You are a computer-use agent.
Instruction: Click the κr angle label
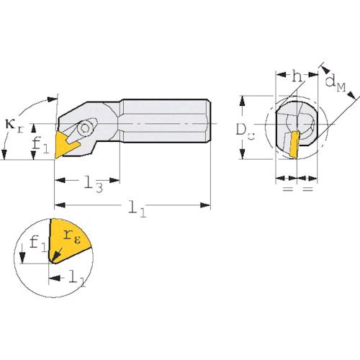coord(14,126)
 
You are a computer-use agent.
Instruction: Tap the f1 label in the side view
coord(40,145)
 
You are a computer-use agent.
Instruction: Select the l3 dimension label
coord(94,184)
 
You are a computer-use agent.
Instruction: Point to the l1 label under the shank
coord(138,208)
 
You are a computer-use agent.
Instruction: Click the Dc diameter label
coord(245,132)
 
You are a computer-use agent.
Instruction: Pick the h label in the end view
coord(297,76)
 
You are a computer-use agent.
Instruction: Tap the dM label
coord(336,84)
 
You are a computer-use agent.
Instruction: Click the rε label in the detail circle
coord(71,237)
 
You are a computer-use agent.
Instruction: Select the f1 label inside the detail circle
coord(38,243)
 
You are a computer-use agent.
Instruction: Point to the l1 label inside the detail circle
coord(77,278)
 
